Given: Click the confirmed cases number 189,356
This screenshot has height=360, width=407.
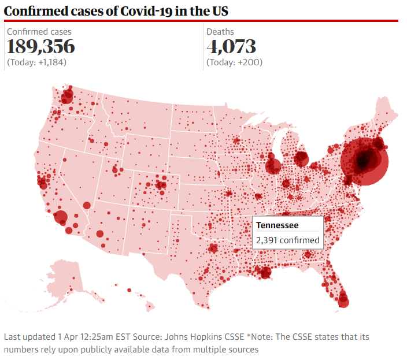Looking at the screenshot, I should (40, 47).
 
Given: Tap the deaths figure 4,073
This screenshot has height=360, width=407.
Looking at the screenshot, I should (231, 47).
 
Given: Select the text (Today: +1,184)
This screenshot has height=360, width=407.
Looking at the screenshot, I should (36, 62).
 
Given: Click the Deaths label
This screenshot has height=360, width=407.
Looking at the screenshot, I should (220, 31).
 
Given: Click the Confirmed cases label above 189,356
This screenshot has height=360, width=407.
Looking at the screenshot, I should (39, 31).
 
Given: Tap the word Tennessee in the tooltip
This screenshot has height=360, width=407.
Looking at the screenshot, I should (277, 225).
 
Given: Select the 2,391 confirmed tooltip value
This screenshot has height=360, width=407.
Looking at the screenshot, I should (287, 240).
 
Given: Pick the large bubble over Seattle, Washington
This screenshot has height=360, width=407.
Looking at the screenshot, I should (68, 97).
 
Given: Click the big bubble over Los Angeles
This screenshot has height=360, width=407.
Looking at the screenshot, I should (61, 217).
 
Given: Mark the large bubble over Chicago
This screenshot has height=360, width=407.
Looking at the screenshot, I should (273, 166).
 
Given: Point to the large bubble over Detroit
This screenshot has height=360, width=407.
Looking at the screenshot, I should (301, 158).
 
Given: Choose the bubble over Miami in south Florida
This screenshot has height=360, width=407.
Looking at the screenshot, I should (343, 300).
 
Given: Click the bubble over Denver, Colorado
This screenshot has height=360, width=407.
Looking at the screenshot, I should (161, 185).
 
